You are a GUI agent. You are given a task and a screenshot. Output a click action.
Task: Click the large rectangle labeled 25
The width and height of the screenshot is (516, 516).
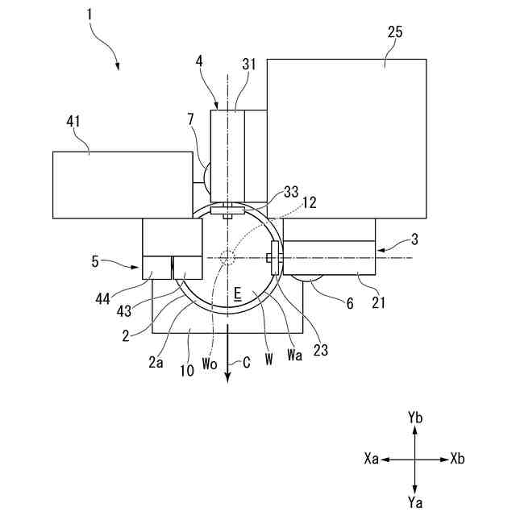[347, 137]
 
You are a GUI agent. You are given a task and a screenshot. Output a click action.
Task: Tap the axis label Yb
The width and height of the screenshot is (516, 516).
[414, 417]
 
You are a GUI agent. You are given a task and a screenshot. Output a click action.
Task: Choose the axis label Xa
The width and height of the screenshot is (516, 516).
[372, 459]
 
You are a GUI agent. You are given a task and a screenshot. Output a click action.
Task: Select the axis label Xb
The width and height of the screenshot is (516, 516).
[457, 459]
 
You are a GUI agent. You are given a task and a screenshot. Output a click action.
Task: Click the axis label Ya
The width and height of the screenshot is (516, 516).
[414, 503]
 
